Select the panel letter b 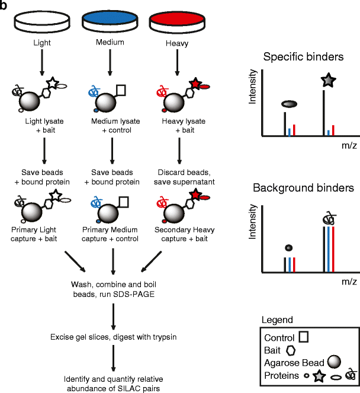[5, 5]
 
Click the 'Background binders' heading [303, 188]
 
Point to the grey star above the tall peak [326, 81]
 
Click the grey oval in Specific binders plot [289, 104]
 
